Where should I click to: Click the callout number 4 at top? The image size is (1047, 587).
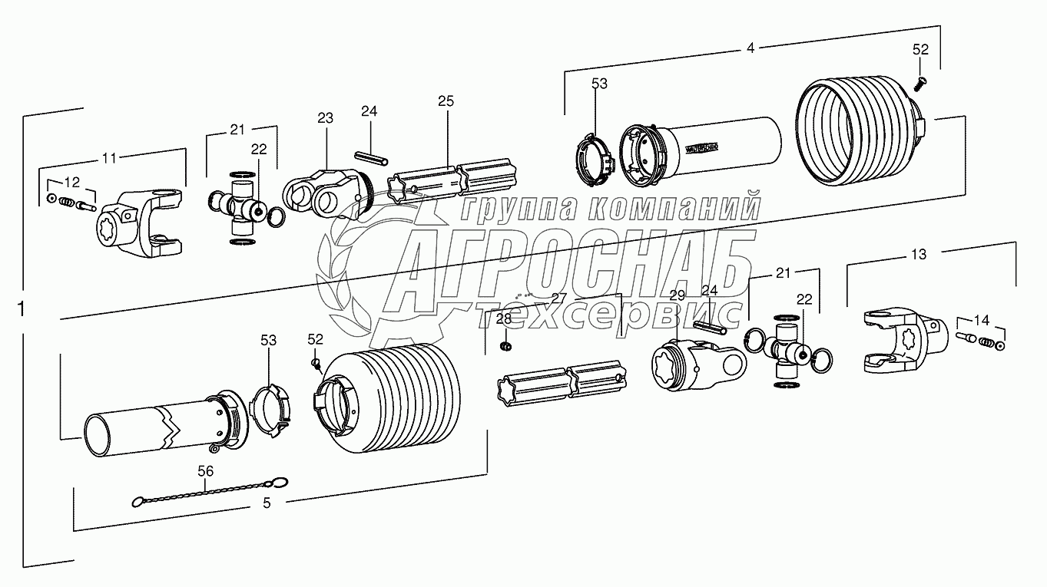pos(750,48)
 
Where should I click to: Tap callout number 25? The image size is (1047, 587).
pos(446,101)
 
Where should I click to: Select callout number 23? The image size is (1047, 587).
pos(325,117)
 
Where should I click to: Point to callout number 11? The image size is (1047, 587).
pos(110,158)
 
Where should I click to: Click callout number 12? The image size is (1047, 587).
pos(71,182)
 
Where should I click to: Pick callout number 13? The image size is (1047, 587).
pos(919,254)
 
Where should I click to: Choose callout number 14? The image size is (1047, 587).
pos(982,319)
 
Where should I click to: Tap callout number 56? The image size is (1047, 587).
pos(206,471)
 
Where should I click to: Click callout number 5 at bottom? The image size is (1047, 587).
pos(267,503)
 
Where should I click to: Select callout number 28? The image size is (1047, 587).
pos(503,319)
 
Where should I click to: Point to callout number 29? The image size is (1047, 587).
pos(676,295)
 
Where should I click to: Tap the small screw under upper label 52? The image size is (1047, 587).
pos(921,78)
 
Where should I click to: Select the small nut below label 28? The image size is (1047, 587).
pos(505,348)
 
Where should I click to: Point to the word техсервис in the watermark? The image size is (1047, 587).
pos(607,314)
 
